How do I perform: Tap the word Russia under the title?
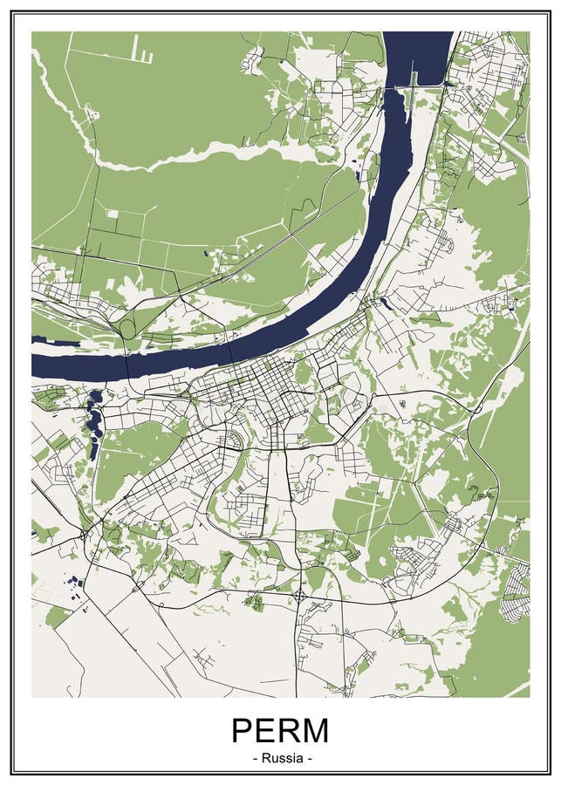click(280, 758)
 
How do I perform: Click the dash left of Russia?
click(254, 758)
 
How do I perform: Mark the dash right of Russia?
click(308, 758)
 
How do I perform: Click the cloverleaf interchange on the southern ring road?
click(300, 597)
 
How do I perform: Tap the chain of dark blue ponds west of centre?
click(92, 418)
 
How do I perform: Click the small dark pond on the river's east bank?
click(384, 303)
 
